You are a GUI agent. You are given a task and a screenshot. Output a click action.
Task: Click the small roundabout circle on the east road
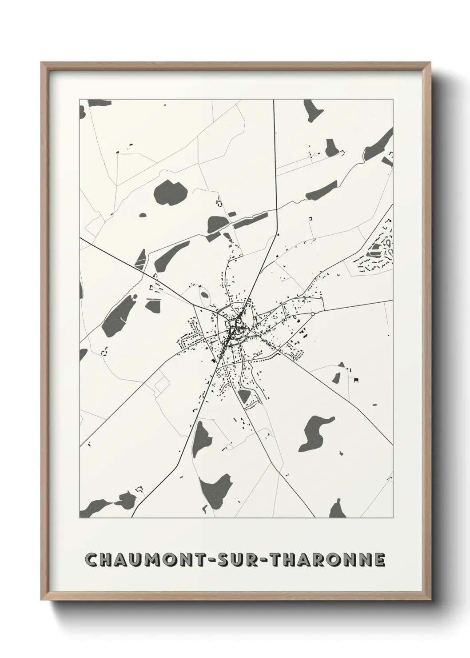[x=313, y=314]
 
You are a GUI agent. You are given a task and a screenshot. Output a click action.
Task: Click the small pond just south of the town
[x=243, y=396]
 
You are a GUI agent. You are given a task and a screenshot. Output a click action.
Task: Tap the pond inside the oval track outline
[x=204, y=294]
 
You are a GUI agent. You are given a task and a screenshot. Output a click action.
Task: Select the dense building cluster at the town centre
[x=234, y=329]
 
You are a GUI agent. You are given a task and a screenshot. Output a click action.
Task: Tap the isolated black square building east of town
[x=356, y=379]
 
